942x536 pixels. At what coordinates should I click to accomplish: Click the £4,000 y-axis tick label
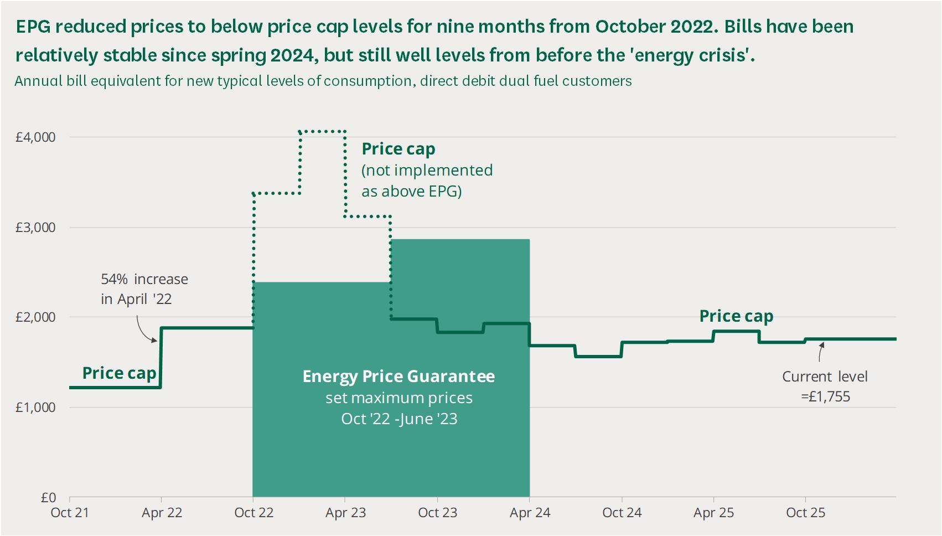point(35,137)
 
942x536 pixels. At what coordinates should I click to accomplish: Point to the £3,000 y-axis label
point(35,228)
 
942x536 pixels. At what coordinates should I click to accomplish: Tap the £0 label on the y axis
point(49,497)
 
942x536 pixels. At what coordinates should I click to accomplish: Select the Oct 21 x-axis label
point(70,513)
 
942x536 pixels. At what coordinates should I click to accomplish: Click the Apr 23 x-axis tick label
point(345,513)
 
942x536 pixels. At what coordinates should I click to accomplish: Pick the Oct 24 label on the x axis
point(622,513)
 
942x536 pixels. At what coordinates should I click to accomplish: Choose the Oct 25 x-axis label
point(805,513)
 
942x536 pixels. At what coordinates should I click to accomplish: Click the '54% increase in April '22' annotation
point(144,289)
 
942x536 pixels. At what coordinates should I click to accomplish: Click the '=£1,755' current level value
point(825,396)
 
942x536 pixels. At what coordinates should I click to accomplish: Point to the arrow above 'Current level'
point(821,352)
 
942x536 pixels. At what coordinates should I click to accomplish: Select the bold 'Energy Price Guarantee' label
point(398,377)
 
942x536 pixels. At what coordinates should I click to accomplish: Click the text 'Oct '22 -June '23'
point(399,419)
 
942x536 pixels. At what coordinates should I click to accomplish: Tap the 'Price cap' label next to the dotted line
point(398,149)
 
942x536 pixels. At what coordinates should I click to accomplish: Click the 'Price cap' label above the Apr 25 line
point(736,316)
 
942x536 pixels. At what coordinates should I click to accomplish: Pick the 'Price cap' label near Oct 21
point(119,373)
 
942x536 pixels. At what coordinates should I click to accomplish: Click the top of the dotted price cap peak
point(322,131)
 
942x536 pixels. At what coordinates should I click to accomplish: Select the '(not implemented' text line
point(427,171)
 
